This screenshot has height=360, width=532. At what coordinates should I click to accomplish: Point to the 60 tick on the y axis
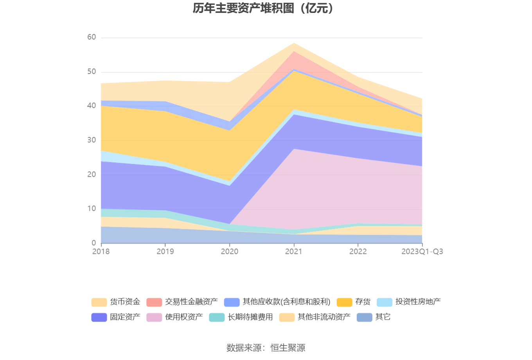[92, 37]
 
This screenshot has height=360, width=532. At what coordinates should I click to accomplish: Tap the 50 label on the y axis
[92, 72]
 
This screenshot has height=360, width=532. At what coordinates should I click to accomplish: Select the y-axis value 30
[92, 140]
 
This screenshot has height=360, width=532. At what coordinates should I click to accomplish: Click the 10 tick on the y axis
[92, 209]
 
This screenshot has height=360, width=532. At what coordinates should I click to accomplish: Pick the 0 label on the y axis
[94, 243]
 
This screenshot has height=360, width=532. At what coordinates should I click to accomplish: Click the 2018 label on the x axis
[101, 252]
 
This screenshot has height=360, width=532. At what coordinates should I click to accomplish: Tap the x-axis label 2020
[230, 252]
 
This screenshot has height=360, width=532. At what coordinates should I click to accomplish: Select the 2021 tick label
[294, 252]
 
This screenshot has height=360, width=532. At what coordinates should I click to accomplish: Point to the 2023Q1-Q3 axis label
[422, 252]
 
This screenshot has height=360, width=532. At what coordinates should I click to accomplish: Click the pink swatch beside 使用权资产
[154, 317]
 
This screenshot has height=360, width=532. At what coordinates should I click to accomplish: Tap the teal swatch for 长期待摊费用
[217, 317]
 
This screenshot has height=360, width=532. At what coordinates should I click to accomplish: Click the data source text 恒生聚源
[288, 347]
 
